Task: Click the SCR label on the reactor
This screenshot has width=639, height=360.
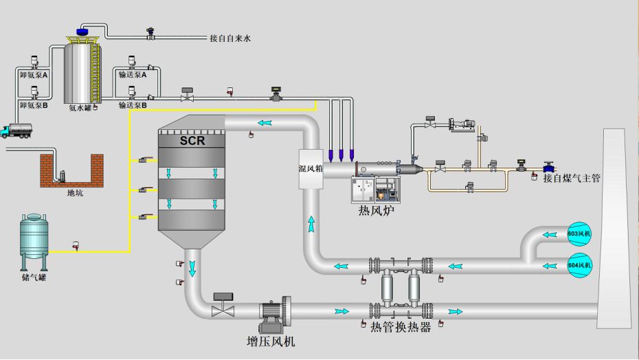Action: (192, 141)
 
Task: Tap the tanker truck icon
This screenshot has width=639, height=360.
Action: (17, 130)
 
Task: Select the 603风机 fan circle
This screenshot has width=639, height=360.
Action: (579, 234)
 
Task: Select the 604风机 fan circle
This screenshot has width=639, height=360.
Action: (579, 265)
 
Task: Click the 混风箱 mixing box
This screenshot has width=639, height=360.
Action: (311, 168)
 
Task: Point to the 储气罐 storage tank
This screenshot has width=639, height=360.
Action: (34, 237)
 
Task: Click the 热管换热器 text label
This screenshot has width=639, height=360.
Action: (401, 328)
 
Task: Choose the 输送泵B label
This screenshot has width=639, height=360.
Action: (133, 106)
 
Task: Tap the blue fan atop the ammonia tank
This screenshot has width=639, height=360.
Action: (82, 32)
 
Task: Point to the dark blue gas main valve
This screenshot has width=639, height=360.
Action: (548, 166)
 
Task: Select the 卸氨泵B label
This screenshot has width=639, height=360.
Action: (34, 106)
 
